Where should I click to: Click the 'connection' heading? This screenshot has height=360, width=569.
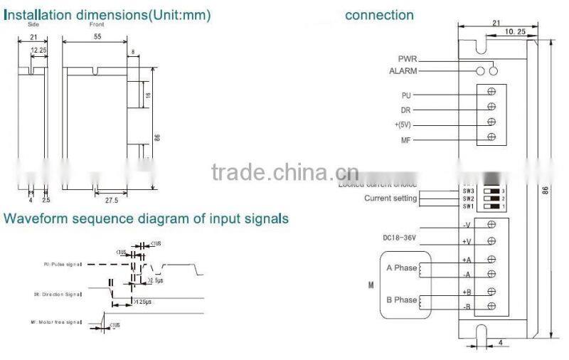point(379,15)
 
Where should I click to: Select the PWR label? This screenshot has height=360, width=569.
point(408,59)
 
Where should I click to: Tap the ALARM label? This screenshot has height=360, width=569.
point(403,71)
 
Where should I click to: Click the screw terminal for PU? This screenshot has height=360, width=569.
point(491,92)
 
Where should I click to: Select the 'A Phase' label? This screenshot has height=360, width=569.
point(401,268)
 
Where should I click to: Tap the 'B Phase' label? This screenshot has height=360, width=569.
point(401,300)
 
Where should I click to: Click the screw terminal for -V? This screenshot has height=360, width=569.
point(491,224)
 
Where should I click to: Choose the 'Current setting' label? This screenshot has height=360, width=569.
point(390,198)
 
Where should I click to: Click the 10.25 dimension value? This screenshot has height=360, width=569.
point(515,32)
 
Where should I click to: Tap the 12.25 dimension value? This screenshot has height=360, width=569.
point(39,51)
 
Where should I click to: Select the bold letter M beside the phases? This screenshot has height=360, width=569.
point(371,285)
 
